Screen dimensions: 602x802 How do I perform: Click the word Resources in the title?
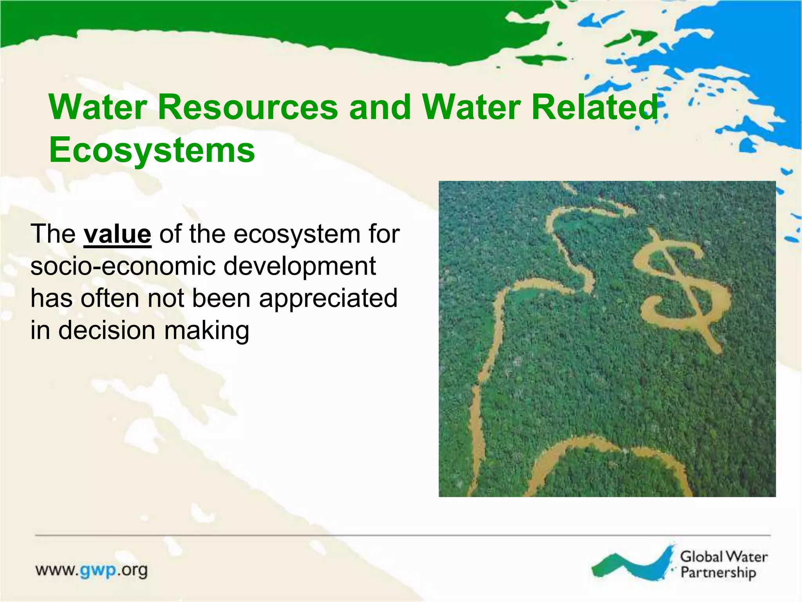tap(247, 107)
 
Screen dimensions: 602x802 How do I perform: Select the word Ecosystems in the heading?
tap(152, 150)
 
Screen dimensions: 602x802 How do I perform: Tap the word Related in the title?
tap(594, 107)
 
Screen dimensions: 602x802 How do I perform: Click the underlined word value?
tap(117, 234)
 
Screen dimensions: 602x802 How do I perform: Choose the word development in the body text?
tap(300, 267)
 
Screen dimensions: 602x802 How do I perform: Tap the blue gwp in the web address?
tap(98, 570)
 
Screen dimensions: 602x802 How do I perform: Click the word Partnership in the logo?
tap(718, 573)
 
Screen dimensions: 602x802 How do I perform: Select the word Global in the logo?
tap(701, 557)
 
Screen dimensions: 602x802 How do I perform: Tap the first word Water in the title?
tap(98, 107)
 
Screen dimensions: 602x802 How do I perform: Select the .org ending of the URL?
tap(133, 570)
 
